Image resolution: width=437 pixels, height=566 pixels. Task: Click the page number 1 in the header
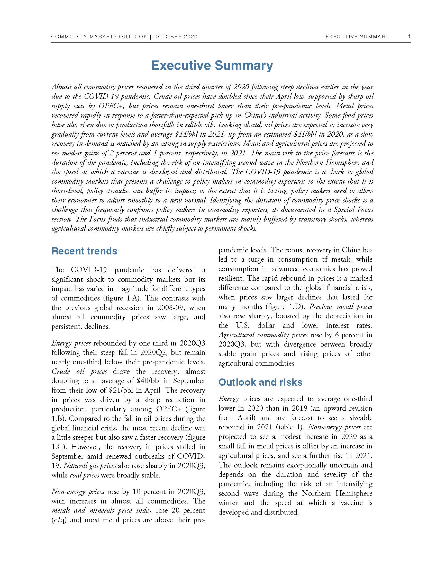tap(409, 37)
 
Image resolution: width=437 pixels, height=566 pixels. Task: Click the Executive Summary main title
tap(212, 65)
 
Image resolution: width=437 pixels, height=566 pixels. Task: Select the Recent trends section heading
tap(84, 251)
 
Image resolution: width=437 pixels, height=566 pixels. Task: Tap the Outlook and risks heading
tap(260, 382)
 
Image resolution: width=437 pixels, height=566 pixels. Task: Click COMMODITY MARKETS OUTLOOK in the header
tap(99, 37)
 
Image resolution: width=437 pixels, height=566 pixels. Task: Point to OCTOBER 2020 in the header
tap(175, 37)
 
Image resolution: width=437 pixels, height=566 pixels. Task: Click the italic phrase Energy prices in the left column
tap(71, 343)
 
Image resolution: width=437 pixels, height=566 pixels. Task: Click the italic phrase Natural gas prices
tap(90, 466)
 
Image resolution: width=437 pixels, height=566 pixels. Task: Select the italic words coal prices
tap(84, 475)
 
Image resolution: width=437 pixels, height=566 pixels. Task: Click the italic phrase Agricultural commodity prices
tap(263, 335)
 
